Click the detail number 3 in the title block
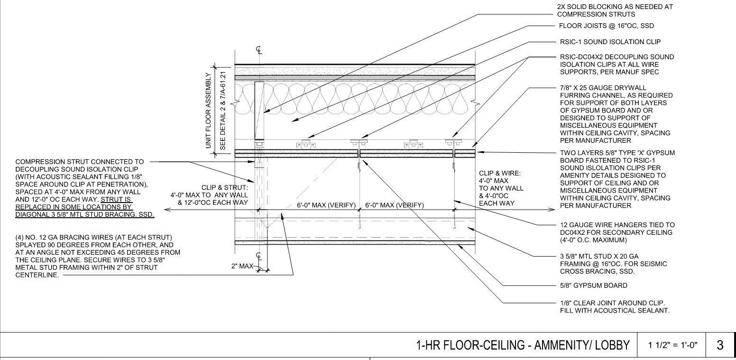[720, 345]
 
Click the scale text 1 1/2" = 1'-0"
[673, 345]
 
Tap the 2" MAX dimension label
[242, 266]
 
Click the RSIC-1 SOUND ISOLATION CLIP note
[610, 42]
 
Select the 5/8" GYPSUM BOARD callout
[593, 286]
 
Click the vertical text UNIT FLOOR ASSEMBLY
[209, 111]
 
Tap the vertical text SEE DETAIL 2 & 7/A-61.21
[223, 111]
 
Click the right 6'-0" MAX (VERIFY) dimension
[395, 205]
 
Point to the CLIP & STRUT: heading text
[225, 187]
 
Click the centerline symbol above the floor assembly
[259, 49]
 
